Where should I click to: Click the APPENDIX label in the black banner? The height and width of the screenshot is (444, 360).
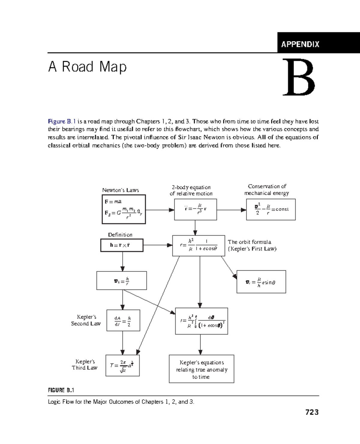(x=300, y=44)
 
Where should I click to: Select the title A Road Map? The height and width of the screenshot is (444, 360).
(x=87, y=67)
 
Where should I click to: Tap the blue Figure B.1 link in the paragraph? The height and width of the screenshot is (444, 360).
(x=62, y=121)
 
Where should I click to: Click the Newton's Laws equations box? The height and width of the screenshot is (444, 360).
(x=124, y=209)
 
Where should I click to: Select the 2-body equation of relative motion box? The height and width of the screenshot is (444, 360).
(x=195, y=209)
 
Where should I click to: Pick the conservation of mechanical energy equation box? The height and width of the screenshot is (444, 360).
(x=271, y=209)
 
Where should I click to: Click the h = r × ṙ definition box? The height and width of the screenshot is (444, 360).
(x=121, y=245)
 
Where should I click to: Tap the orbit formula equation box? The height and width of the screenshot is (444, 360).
(x=198, y=246)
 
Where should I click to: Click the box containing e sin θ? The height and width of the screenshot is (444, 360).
(x=261, y=282)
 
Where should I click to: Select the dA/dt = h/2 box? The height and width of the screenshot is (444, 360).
(x=123, y=320)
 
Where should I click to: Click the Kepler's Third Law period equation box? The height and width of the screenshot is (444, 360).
(x=122, y=365)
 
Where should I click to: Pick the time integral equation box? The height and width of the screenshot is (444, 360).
(x=201, y=321)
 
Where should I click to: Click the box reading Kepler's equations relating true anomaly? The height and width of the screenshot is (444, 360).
(x=201, y=369)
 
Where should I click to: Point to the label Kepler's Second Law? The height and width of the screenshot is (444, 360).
(x=86, y=320)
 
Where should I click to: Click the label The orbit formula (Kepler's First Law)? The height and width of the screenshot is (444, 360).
(x=252, y=245)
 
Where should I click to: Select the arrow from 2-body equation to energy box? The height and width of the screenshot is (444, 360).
(x=231, y=210)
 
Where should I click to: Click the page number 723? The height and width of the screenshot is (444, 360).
(x=312, y=412)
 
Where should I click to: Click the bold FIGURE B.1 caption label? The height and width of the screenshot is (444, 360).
(x=61, y=390)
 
